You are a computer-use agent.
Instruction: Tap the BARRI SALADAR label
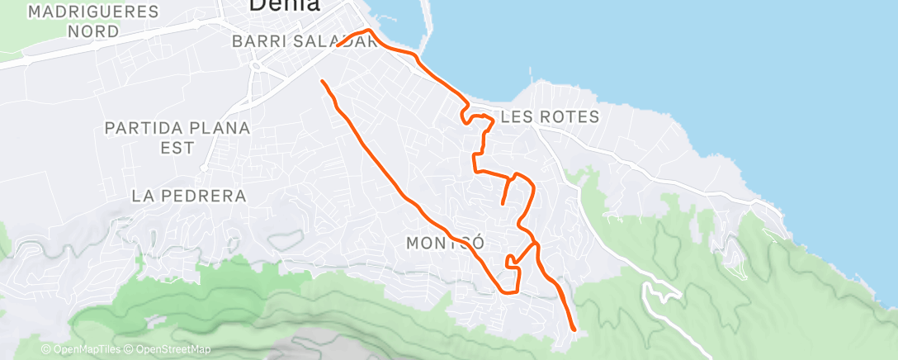click(305, 41)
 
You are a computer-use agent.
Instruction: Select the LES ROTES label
click(549, 117)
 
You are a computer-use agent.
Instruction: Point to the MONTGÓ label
click(444, 244)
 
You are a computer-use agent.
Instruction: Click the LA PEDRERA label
click(189, 196)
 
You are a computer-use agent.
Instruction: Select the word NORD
click(93, 31)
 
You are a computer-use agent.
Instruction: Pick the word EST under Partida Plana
click(177, 148)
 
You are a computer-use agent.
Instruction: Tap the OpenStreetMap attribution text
click(168, 349)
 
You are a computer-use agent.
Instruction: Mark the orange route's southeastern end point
click(573, 329)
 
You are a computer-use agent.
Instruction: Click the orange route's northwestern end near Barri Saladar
click(322, 81)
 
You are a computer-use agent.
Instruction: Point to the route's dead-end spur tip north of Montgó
click(503, 202)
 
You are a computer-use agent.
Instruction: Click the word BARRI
click(259, 41)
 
